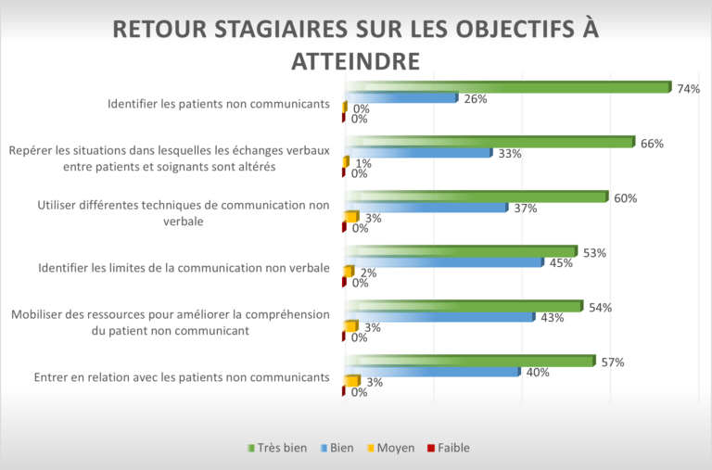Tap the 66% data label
pos(651,144)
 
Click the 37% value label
pos(526,209)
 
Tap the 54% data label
pos(600,308)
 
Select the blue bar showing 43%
pos(439,317)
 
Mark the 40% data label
pos(539,373)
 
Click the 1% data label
pos(362,164)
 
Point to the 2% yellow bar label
pos(368,273)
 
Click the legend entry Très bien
pos(277,448)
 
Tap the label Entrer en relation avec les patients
pos(182,377)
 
